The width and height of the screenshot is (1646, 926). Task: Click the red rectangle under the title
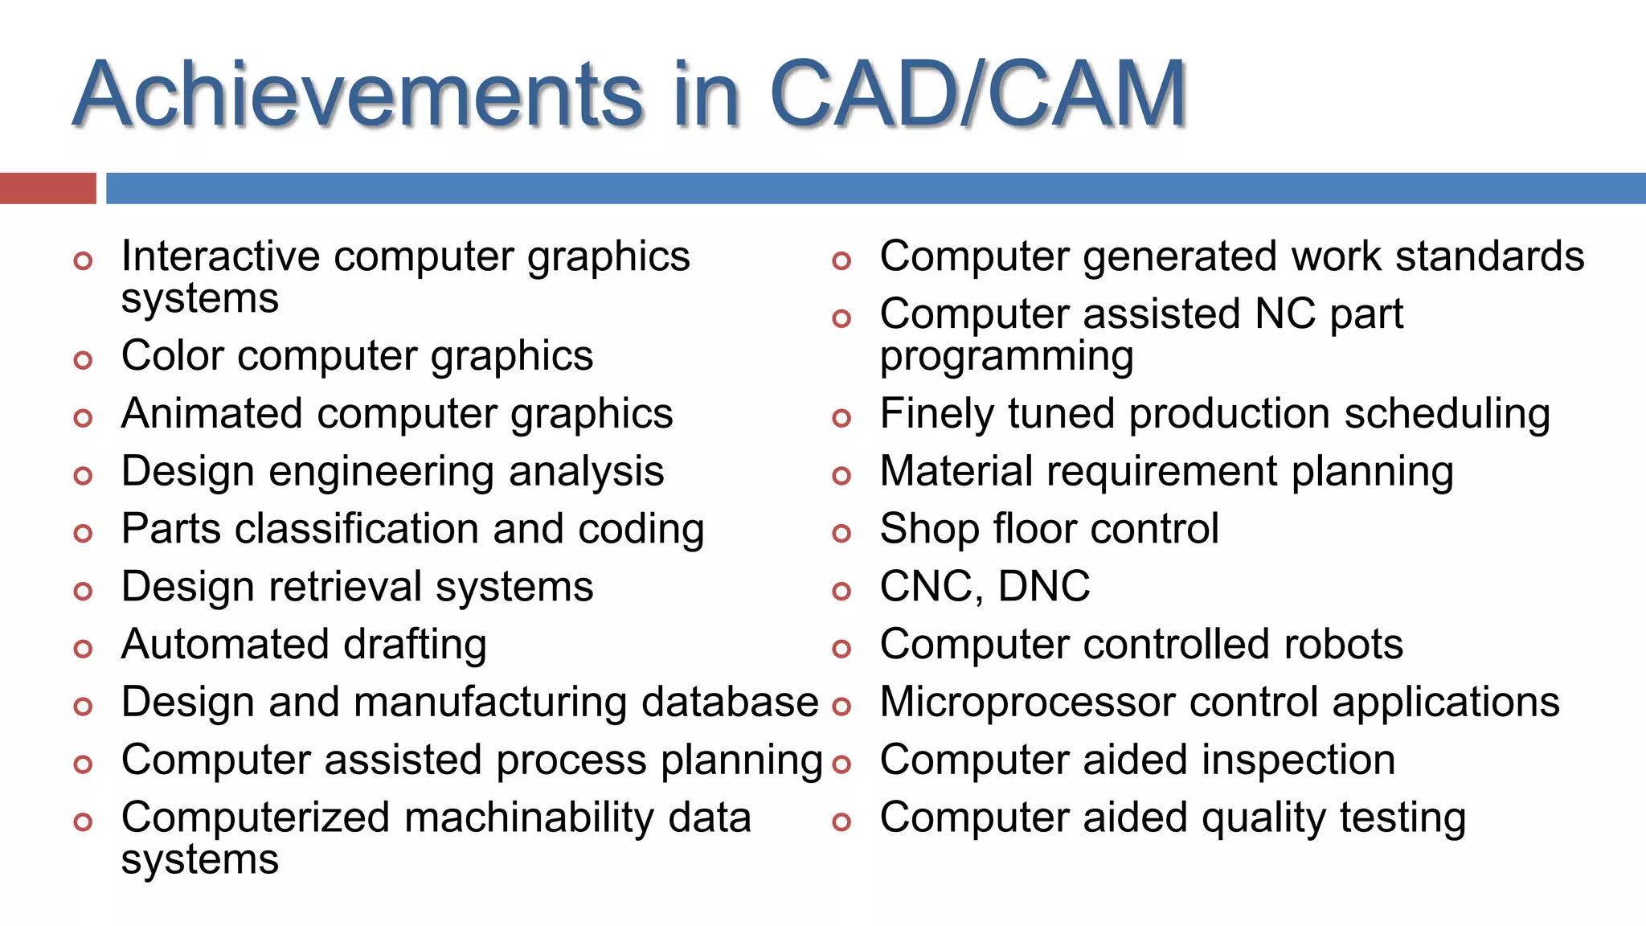click(47, 188)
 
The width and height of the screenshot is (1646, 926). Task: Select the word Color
click(171, 355)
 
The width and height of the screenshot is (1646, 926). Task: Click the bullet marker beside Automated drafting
click(83, 649)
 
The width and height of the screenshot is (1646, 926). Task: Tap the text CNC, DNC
click(985, 587)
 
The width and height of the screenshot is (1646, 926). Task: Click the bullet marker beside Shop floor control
click(841, 533)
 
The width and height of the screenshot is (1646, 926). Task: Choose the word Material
click(956, 472)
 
